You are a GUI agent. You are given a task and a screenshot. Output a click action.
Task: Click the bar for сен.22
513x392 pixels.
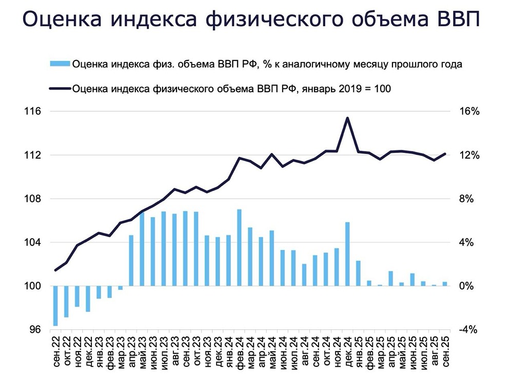pos(55,306)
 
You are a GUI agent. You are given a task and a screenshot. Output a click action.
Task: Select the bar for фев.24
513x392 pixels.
pos(239,248)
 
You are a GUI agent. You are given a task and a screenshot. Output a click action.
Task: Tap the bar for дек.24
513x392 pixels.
pos(347,254)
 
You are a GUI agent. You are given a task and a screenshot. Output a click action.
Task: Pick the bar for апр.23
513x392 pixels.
pos(131,261)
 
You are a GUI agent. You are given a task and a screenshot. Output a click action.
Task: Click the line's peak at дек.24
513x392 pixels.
pos(347,118)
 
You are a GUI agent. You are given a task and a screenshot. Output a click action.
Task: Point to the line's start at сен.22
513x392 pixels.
pos(55,270)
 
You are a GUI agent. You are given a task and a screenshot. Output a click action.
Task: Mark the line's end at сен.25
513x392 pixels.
pos(445,153)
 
